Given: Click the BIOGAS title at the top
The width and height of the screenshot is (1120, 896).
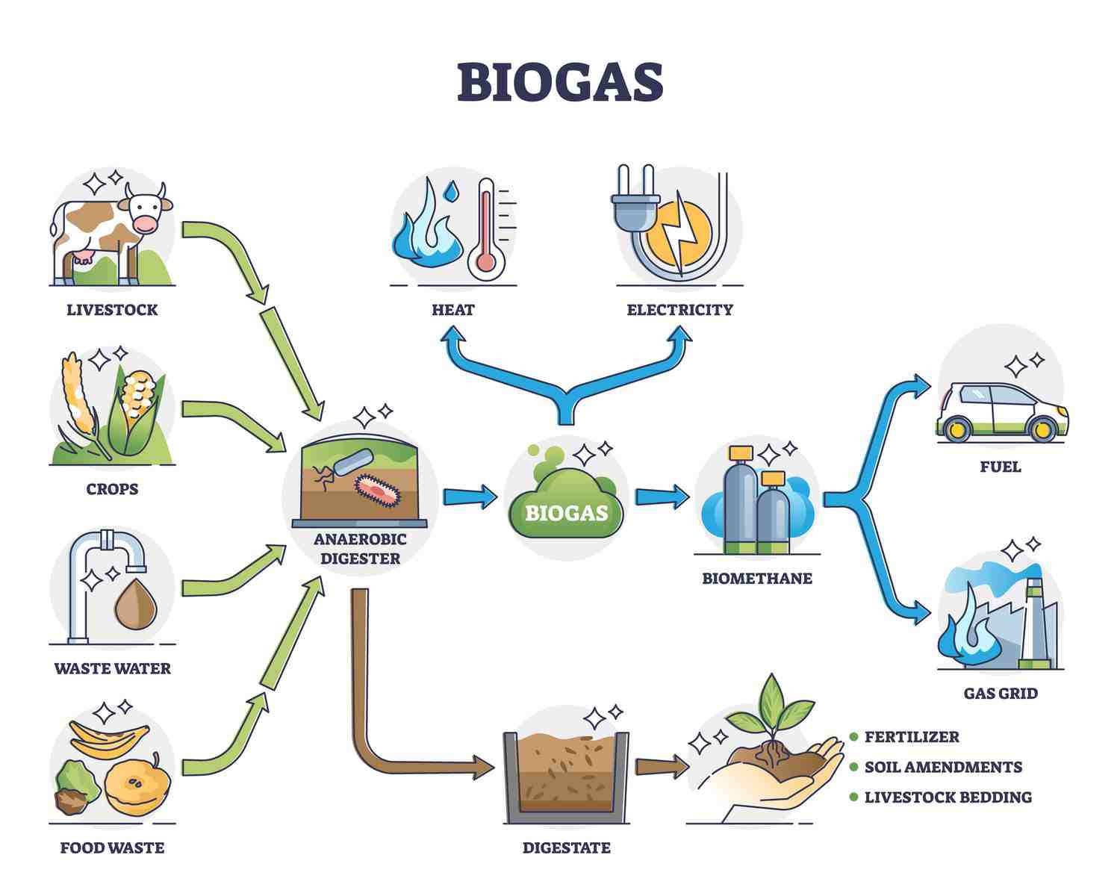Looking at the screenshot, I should pyautogui.click(x=560, y=81).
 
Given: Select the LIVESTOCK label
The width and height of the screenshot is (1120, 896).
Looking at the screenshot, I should pyautogui.click(x=112, y=310).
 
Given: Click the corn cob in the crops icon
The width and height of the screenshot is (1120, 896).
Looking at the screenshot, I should pyautogui.click(x=138, y=399).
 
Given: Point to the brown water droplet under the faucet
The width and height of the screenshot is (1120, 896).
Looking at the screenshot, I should pyautogui.click(x=135, y=605).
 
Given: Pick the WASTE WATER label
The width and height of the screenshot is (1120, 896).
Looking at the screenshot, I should pyautogui.click(x=112, y=668).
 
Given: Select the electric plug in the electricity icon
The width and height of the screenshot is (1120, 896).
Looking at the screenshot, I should pyautogui.click(x=635, y=202).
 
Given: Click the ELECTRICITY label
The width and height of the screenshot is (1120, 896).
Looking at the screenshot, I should pyautogui.click(x=679, y=310).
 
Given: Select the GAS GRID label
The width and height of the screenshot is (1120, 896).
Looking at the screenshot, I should pyautogui.click(x=1001, y=694).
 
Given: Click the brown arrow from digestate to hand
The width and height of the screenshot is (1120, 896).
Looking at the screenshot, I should pyautogui.click(x=661, y=766).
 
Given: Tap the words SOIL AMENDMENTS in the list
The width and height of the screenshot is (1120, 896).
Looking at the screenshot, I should pyautogui.click(x=943, y=767).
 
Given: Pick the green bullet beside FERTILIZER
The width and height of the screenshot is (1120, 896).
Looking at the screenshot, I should pyautogui.click(x=853, y=737).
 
